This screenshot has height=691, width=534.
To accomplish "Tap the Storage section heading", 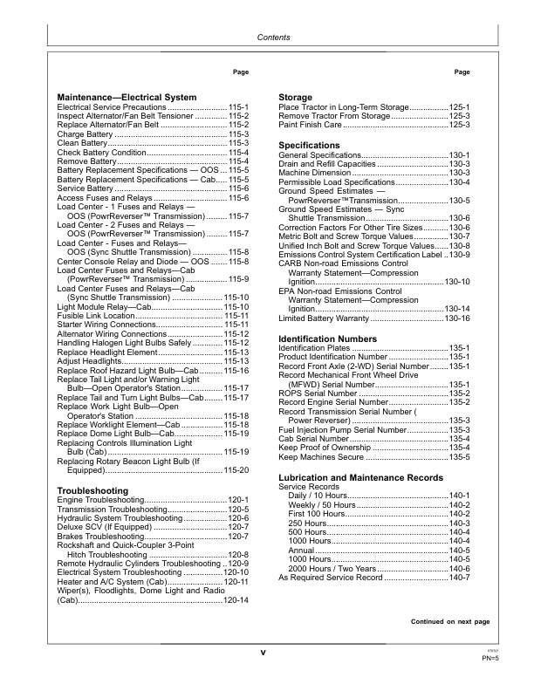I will pyautogui.click(x=296, y=96).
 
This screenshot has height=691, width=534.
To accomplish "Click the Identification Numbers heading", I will pyautogui.click(x=328, y=338).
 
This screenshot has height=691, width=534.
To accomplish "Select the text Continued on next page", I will pyautogui.click(x=450, y=621).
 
